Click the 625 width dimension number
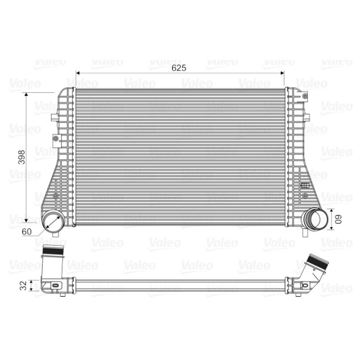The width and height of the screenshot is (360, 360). coord(179,68)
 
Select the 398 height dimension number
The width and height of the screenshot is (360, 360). coord(22,157)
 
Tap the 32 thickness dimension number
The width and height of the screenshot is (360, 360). coord(23,285)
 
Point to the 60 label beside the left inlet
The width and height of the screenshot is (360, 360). coord(27,232)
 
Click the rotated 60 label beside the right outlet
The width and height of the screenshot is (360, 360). coord(338,219)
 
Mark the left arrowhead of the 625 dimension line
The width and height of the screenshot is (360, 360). coord(77,73)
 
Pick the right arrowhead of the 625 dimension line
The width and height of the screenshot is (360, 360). coord(282,73)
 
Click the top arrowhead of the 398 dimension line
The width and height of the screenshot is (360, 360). coord(26,94)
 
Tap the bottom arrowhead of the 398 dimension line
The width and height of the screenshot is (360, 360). coord(26,220)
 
